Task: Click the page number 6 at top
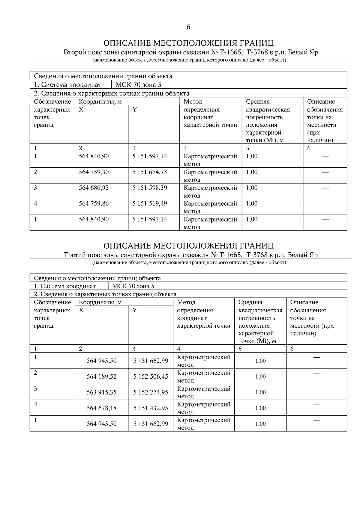tap(188, 27)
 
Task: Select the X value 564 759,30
tap(94, 172)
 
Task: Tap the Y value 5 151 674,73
tap(149, 172)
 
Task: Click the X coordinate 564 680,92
tap(94, 188)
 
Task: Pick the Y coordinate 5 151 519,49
tap(149, 204)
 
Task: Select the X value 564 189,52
tap(101, 377)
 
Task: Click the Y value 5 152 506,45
tap(151, 377)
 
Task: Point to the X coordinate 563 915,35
tap(101, 392)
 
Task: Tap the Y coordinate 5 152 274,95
tap(151, 392)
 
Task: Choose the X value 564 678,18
tap(101, 408)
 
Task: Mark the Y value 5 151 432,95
tap(151, 408)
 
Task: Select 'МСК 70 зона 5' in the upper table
tap(138, 85)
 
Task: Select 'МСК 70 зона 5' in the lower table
tap(133, 286)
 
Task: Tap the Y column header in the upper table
tap(135, 110)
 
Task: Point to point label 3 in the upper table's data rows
tap(36, 188)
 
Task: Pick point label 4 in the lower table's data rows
tap(36, 404)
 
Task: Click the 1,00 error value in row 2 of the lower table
tap(260, 377)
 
